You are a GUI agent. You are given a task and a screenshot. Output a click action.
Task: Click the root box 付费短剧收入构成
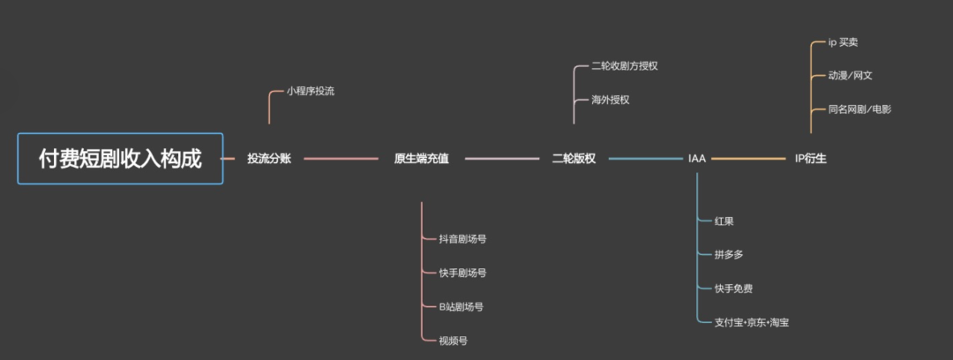pyautogui.click(x=120, y=159)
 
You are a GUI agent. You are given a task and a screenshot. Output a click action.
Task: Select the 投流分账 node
pyautogui.click(x=269, y=159)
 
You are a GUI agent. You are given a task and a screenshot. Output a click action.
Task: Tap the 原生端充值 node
pyautogui.click(x=421, y=159)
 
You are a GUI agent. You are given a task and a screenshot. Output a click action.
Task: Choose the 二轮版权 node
pyautogui.click(x=574, y=159)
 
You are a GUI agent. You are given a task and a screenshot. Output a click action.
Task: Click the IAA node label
pyautogui.click(x=697, y=159)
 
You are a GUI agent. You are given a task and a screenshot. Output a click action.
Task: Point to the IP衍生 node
pyautogui.click(x=810, y=159)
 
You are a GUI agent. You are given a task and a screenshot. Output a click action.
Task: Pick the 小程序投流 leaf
pyautogui.click(x=310, y=91)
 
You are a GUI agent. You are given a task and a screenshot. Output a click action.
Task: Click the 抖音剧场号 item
pyautogui.click(x=462, y=239)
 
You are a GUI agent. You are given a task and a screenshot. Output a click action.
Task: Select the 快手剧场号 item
pyautogui.click(x=462, y=273)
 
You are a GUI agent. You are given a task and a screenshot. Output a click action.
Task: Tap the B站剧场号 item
pyautogui.click(x=461, y=306)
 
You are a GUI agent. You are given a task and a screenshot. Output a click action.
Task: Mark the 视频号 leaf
pyautogui.click(x=453, y=340)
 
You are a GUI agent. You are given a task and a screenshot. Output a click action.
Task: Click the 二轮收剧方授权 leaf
pyautogui.click(x=625, y=66)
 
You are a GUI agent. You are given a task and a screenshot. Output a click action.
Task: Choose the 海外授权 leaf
pyautogui.click(x=611, y=100)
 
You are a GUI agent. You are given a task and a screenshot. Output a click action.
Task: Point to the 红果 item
pyautogui.click(x=724, y=221)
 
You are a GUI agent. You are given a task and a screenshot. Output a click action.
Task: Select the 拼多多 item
pyautogui.click(x=728, y=255)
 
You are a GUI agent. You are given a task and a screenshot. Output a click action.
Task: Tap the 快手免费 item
pyautogui.click(x=733, y=289)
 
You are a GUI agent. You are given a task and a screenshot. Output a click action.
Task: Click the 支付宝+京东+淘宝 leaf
pyautogui.click(x=752, y=323)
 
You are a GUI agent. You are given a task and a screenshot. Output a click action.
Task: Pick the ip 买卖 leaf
pyautogui.click(x=844, y=42)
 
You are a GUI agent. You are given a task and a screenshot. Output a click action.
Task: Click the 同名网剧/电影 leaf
pyautogui.click(x=859, y=109)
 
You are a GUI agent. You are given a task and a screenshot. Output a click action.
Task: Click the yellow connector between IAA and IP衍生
pyautogui.click(x=748, y=159)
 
